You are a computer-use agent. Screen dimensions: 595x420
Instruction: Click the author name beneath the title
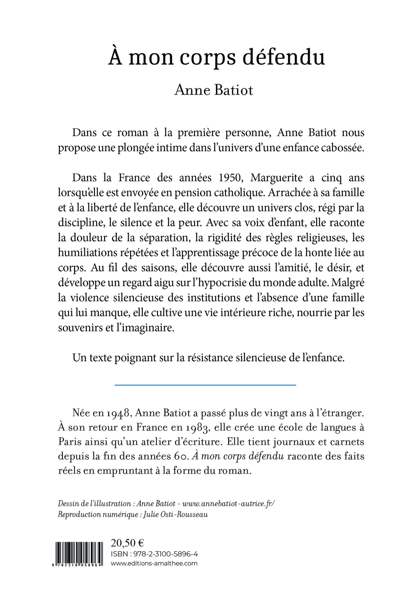click(x=214, y=90)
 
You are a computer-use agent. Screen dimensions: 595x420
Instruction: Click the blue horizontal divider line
click(x=205, y=385)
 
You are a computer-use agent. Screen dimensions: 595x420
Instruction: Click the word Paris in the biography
click(x=69, y=441)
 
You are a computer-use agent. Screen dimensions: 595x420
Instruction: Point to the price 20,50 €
click(x=127, y=543)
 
